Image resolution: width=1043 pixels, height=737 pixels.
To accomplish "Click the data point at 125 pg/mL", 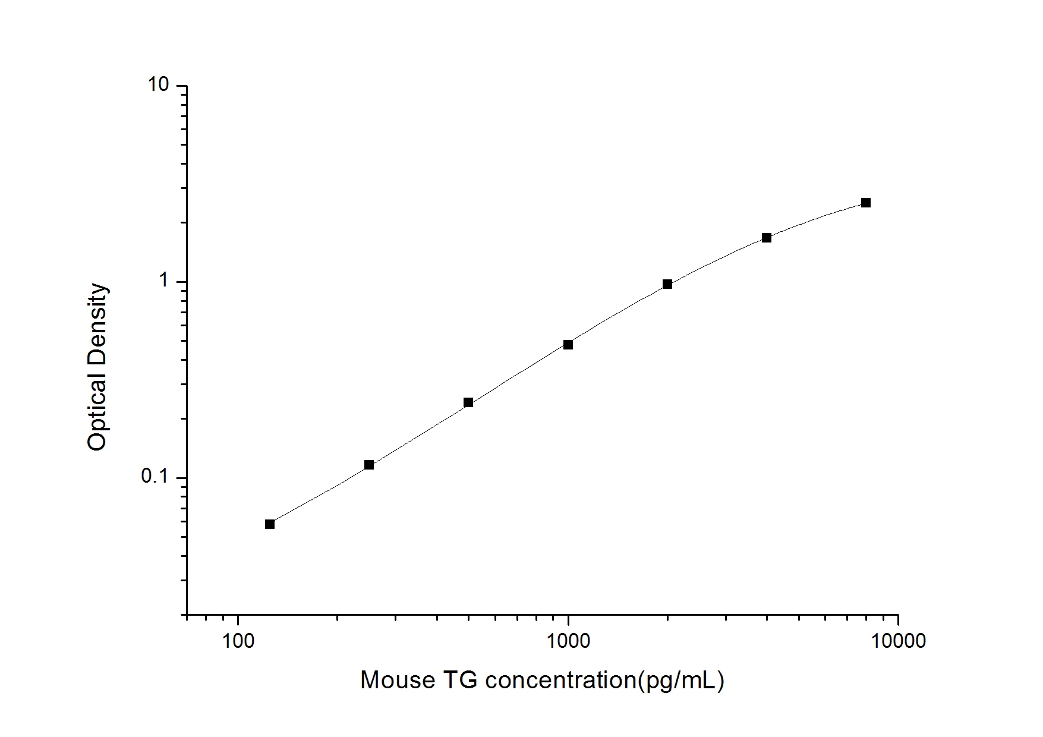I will pos(270,524).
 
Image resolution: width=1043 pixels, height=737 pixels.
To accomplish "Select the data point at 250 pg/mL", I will pos(369,465).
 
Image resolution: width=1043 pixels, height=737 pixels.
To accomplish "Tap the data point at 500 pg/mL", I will pos(468,402).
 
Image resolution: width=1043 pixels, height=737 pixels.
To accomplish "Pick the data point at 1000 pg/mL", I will pos(568,345).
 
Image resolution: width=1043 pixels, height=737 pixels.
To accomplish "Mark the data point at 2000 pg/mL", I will pos(667,284).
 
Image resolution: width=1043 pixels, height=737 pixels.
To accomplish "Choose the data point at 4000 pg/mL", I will pos(767,238).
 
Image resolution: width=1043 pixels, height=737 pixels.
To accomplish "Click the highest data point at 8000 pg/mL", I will pos(866,203).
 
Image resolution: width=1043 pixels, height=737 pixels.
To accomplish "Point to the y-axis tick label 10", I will pos(159,85).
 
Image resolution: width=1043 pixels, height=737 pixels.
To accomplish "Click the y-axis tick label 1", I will pos(164,281).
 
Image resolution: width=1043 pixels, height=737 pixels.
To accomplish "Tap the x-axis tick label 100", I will pos(238,641).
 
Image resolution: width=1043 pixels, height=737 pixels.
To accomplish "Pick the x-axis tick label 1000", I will pos(568,641).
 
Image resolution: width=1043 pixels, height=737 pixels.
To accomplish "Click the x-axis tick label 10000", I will pos(898,641).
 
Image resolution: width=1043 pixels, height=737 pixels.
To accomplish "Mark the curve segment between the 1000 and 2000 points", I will pos(618,313).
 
